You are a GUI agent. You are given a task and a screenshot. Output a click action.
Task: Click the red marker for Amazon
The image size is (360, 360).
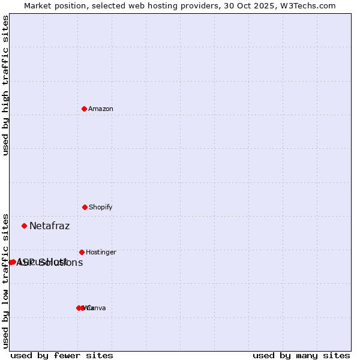[84, 109]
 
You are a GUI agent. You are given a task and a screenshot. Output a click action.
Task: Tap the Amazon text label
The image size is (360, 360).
[101, 109]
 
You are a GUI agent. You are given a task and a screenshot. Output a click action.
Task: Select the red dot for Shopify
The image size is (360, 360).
[85, 207]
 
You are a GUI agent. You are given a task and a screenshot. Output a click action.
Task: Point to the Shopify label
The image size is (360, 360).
[101, 208]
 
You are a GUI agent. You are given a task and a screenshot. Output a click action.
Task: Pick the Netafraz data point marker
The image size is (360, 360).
[25, 226]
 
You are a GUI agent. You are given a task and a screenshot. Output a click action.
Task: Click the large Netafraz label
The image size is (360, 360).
[50, 226]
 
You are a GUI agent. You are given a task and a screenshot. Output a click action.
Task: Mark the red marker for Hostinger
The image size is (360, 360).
[82, 252]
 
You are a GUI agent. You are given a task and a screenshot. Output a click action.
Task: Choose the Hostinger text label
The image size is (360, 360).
[101, 253]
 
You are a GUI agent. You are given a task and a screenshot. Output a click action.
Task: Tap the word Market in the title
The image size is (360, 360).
[38, 5]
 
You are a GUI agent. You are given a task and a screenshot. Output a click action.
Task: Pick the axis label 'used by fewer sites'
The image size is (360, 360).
[62, 355]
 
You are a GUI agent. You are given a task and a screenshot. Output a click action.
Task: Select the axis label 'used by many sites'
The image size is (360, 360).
[301, 355]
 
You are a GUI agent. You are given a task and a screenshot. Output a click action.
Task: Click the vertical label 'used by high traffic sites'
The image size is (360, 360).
[5, 85]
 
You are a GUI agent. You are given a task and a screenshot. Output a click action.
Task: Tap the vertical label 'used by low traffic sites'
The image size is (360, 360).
[5, 280]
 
